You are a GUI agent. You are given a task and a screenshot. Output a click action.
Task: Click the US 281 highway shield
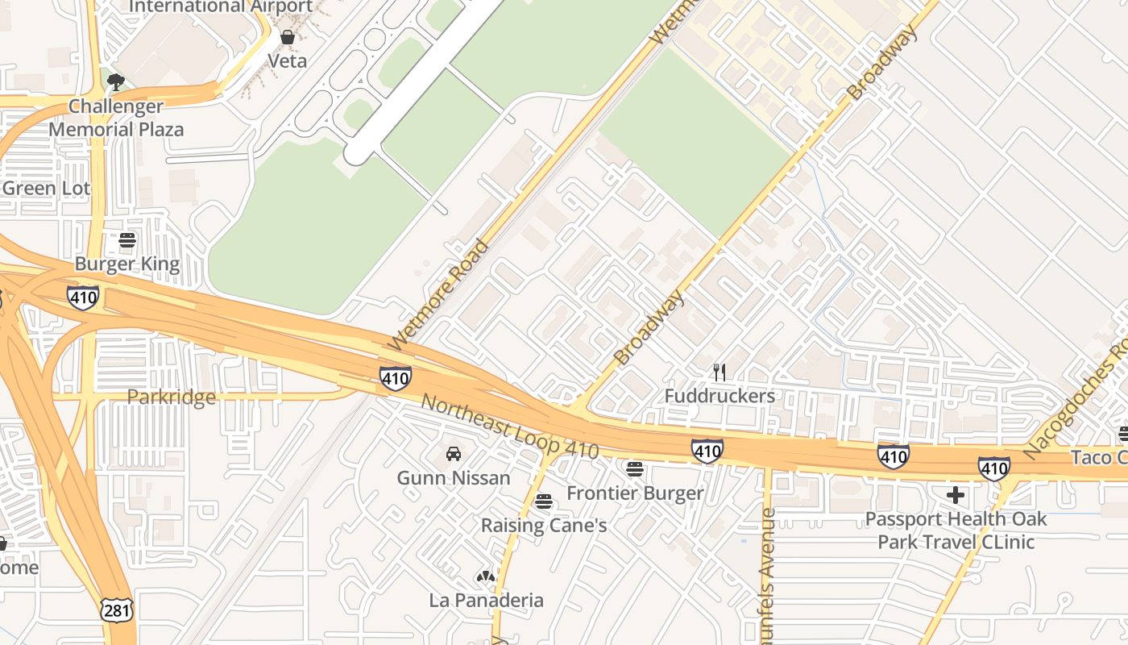tap(117, 610)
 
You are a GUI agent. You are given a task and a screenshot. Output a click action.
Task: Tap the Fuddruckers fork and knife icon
tap(720, 372)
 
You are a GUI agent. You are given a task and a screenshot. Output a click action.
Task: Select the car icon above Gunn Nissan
tap(454, 454)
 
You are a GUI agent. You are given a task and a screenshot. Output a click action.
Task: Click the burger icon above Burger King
tap(127, 240)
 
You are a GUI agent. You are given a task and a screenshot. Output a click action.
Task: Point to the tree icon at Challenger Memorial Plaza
tap(116, 81)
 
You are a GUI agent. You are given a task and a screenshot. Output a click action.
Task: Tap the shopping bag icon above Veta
tap(287, 37)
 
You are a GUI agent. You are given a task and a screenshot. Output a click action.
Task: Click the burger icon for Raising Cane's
tap(544, 501)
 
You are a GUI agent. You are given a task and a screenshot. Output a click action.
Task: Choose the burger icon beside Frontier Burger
tap(635, 468)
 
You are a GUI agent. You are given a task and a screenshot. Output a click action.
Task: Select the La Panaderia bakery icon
tap(485, 576)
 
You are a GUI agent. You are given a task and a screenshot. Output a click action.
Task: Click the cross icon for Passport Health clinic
tap(956, 494)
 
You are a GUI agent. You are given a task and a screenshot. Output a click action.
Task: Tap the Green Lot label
tap(46, 189)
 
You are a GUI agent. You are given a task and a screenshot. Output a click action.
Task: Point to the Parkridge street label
tap(172, 397)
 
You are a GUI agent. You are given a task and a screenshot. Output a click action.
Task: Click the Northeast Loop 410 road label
tap(510, 427)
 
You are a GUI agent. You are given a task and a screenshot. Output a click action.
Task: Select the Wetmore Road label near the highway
tap(438, 295)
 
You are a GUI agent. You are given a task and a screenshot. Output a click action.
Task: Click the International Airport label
tap(221, 6)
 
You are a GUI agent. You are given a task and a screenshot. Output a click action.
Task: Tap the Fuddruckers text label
tap(720, 396)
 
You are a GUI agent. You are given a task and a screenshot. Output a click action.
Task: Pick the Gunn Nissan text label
tap(454, 478)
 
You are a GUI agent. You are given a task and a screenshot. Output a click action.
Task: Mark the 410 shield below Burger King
tap(83, 298)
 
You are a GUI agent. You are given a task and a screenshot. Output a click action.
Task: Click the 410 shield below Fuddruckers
tap(707, 451)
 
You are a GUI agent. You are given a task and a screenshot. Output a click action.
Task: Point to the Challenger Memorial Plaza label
tap(116, 118)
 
